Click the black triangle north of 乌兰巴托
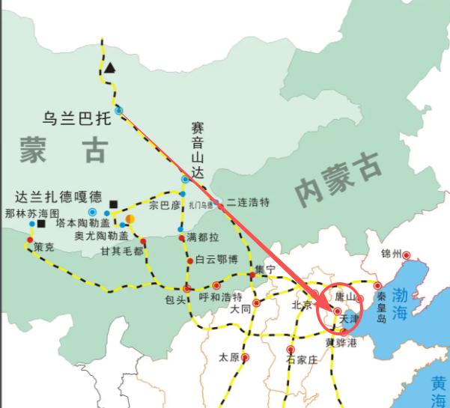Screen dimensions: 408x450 coord(111,68)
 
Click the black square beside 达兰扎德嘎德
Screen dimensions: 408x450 coord(113,204)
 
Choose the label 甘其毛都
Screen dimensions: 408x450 coord(123,251)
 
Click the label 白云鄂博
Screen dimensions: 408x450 coord(216,260)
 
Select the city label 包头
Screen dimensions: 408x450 coord(174,299)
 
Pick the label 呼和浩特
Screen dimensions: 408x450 coord(221,296)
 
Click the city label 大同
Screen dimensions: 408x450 coord(240,308)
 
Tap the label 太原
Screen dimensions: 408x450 coord(228,357)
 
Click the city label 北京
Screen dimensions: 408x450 coord(301,305)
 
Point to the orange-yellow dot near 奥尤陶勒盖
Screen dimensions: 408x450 coord(130,219)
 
